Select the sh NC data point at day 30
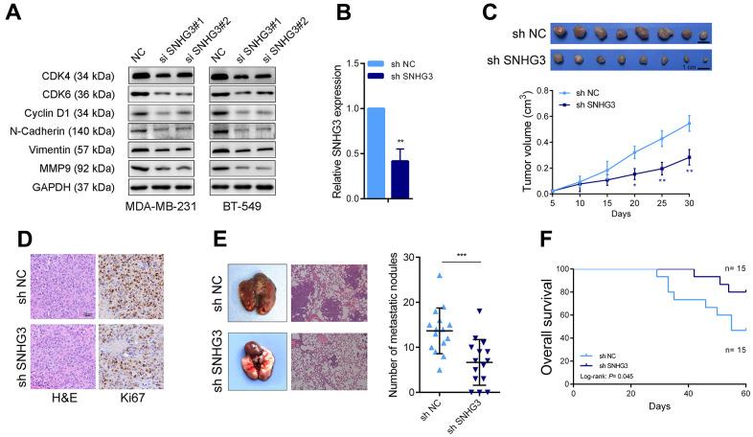715,123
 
